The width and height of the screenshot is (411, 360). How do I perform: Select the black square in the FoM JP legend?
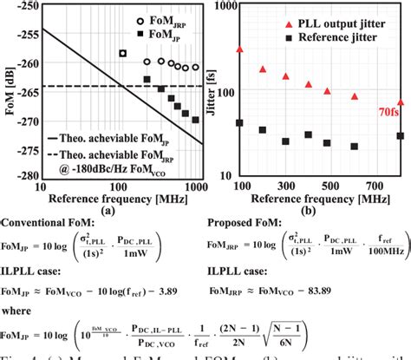pyautogui.click(x=141, y=34)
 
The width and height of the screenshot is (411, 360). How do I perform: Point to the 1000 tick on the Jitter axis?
pyautogui.click(x=220, y=6)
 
